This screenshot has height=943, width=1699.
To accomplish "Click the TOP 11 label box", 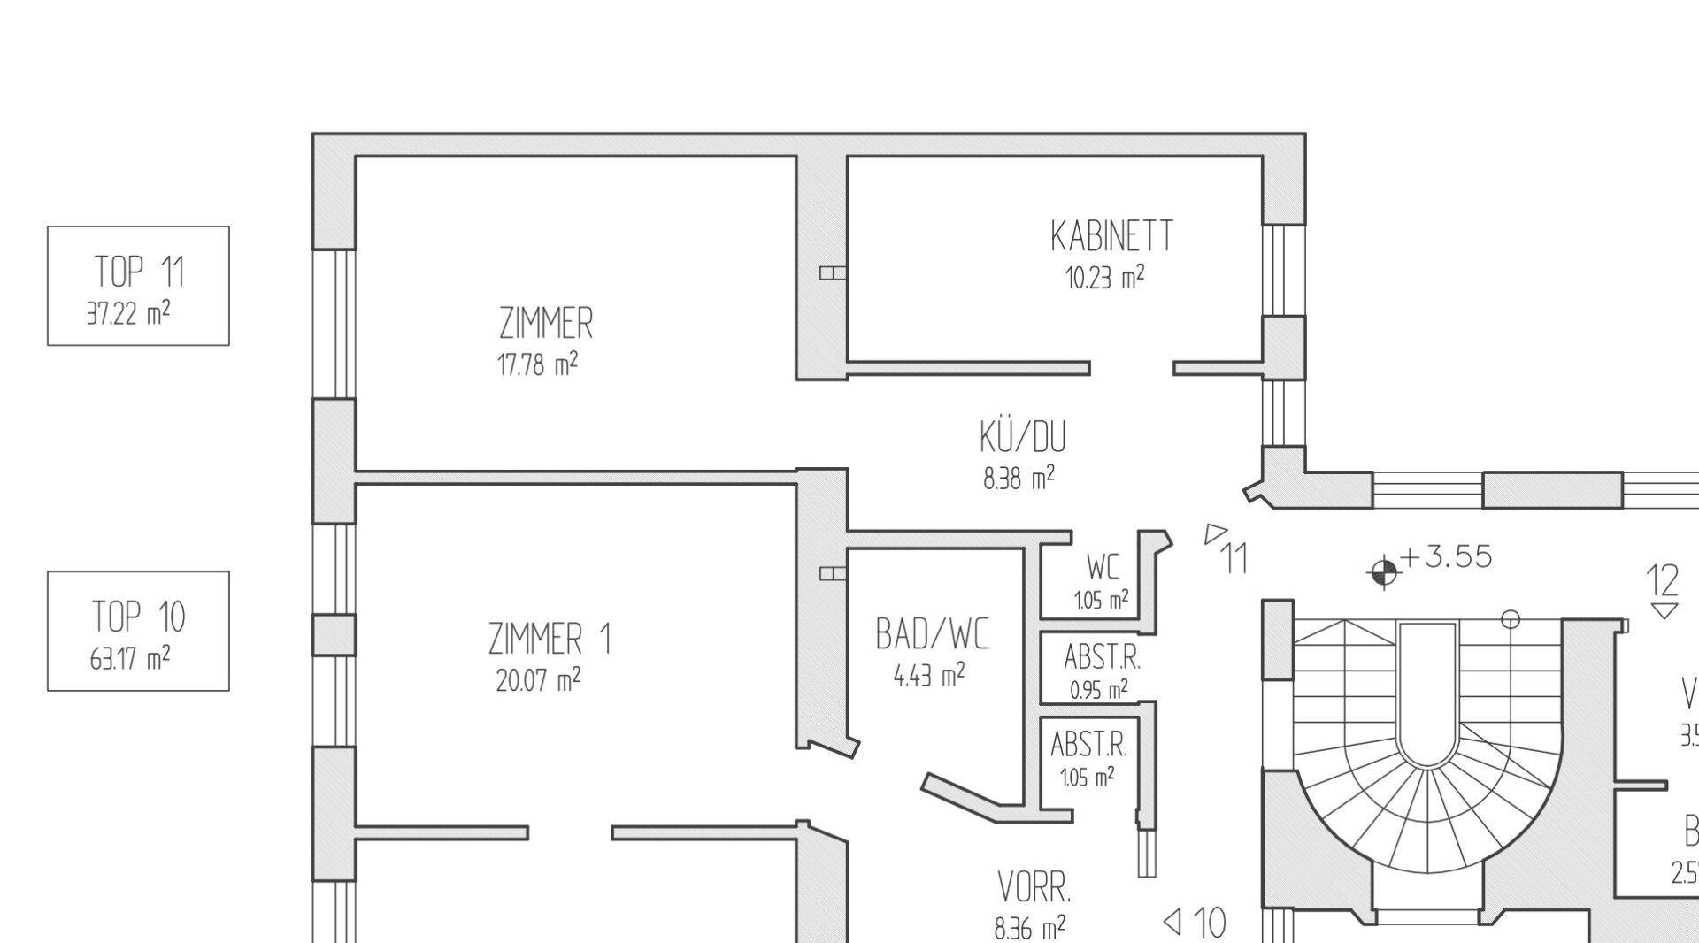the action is point(138,285).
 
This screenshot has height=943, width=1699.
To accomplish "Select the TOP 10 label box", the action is point(138,630).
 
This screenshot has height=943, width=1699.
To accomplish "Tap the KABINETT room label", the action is point(1111,236).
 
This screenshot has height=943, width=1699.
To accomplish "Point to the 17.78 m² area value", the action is point(538,364).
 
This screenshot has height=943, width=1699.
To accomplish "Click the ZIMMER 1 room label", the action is point(550,639).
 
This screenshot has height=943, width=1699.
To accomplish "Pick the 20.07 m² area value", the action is point(538,679).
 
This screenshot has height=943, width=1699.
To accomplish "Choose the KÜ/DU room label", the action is point(1022,437).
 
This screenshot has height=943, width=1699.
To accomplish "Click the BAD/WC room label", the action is point(932,634).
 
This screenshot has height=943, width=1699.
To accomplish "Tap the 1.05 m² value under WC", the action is point(1101,601).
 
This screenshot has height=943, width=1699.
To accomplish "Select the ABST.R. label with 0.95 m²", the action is point(1102,658).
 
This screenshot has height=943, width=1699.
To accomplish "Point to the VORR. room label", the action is point(1034,886).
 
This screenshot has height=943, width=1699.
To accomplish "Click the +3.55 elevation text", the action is point(1446,556).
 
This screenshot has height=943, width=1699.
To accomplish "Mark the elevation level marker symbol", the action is point(1384,572).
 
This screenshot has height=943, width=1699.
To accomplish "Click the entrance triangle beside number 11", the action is point(1215,533).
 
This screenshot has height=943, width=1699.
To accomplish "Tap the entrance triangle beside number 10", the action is point(1172,923).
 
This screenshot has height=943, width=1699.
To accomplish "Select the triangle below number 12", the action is point(1664,610).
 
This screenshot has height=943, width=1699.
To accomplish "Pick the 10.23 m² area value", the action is point(1104,278).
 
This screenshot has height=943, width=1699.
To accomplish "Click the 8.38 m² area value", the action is point(1019,479).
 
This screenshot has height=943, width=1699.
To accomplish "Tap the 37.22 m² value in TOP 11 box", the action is point(128,313).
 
